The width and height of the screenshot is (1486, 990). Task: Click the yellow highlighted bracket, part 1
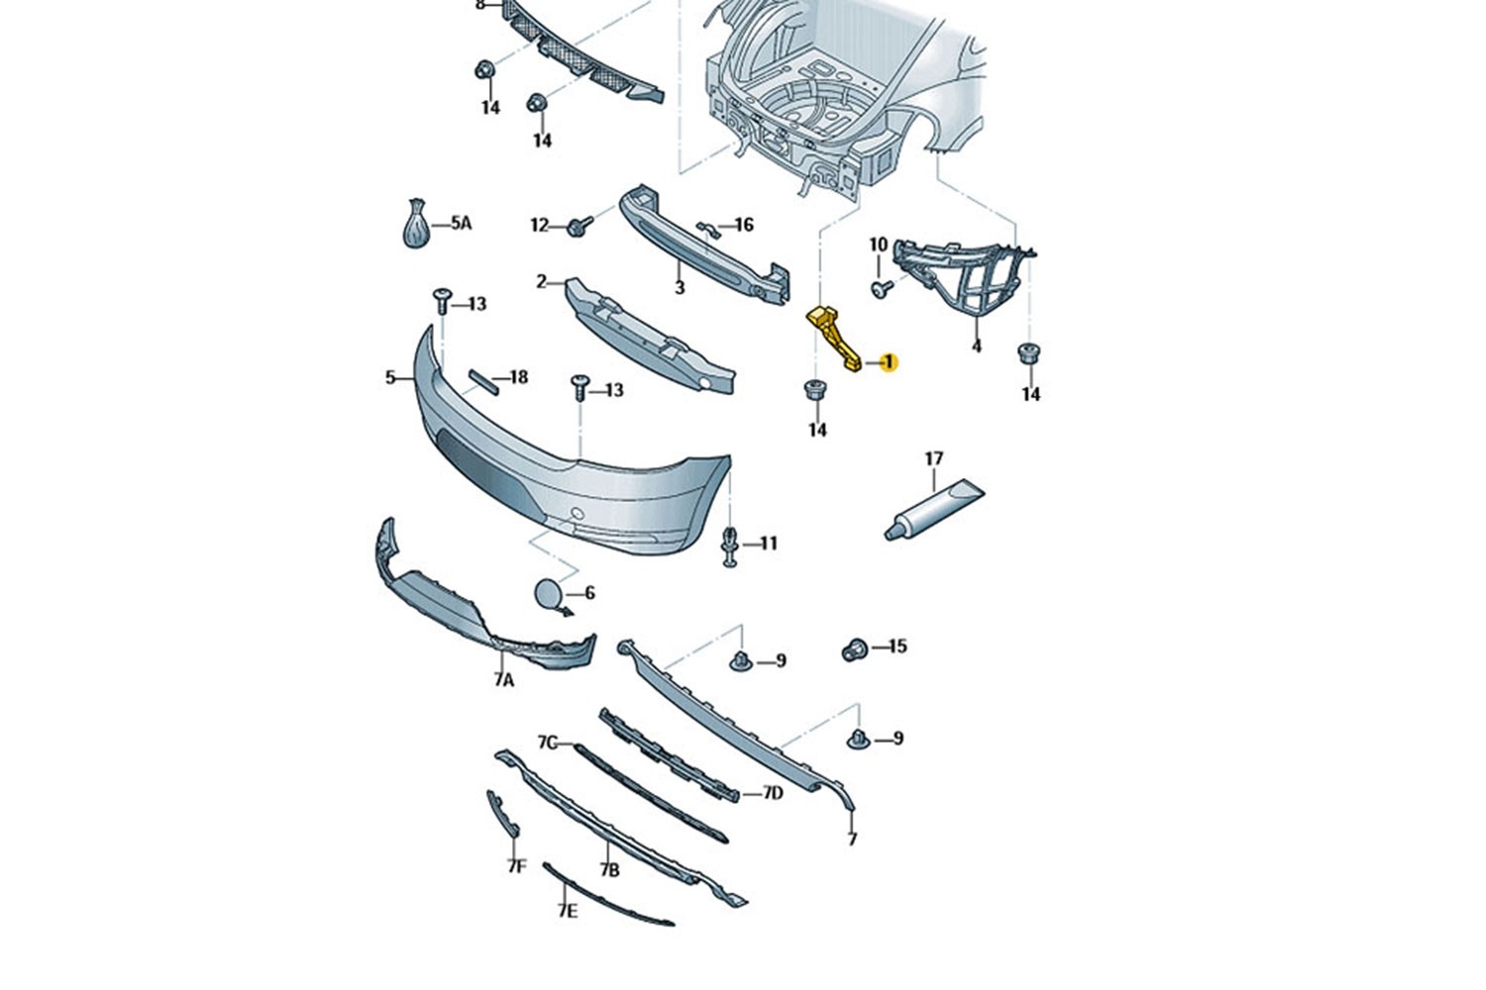[833, 340]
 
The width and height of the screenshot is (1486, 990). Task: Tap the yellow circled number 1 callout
[889, 362]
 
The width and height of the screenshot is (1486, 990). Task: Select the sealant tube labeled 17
[934, 509]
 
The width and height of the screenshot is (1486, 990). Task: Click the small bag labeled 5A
[417, 224]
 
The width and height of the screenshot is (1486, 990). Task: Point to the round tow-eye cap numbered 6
[548, 592]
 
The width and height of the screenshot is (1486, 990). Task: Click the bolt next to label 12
[579, 227]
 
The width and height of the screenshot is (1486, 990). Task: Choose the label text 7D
[772, 793]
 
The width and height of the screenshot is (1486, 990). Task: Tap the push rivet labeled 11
[730, 547]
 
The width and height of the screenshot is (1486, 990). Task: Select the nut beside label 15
[854, 649]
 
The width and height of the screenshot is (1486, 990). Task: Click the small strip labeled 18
[484, 382]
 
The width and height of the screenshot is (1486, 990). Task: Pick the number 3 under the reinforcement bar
[680, 288]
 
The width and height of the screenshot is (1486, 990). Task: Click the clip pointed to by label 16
[708, 230]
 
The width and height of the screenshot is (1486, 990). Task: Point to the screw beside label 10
[881, 288]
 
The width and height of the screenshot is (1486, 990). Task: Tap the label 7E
[568, 912]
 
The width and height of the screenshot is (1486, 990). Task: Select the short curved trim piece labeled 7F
[502, 814]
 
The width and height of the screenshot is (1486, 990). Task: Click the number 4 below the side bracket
[977, 346]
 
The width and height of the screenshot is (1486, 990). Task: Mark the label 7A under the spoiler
[503, 680]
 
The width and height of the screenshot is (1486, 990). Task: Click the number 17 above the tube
[933, 458]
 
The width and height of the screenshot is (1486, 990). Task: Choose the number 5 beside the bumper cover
[390, 377]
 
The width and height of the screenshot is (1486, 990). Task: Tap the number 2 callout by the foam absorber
[541, 282]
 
